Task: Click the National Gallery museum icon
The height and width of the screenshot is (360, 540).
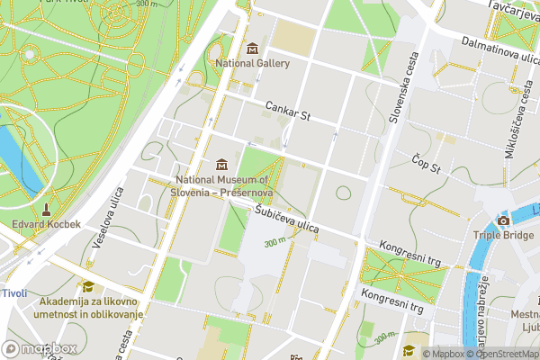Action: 252,48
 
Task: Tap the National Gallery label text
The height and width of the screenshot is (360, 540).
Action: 253,64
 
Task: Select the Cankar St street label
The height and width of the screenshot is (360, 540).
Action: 287,112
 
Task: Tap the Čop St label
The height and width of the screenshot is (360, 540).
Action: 426,164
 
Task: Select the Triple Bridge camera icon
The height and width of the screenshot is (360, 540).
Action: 503,220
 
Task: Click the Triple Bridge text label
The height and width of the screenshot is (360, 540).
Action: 503,236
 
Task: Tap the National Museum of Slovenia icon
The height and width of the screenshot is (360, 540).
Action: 221,166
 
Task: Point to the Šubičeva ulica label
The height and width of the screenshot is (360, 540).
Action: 287,220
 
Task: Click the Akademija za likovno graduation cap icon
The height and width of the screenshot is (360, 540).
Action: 87,286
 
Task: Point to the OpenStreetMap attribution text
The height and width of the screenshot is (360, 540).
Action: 503,354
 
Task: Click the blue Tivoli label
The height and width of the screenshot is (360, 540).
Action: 13,293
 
